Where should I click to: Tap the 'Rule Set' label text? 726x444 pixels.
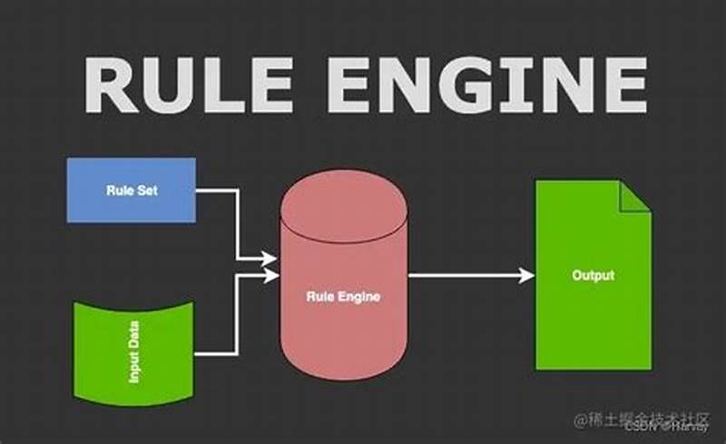[x=131, y=191]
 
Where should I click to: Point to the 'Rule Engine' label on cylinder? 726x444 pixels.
[x=342, y=296]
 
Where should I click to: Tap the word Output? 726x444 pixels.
[x=593, y=275]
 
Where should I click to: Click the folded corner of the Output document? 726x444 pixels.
[x=635, y=195]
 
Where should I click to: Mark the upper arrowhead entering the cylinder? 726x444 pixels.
[x=270, y=259]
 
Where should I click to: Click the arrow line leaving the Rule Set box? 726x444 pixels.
[x=218, y=191]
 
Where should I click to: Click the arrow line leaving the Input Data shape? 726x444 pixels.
[x=218, y=352]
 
